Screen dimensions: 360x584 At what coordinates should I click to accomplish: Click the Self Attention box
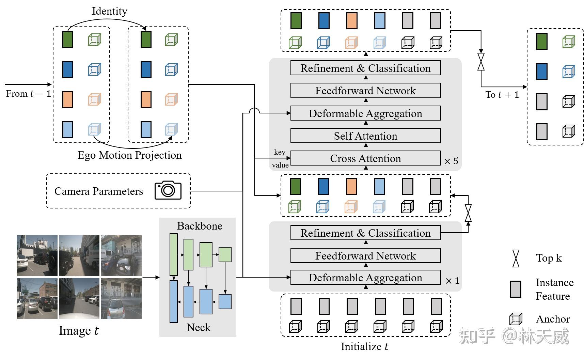(365, 136)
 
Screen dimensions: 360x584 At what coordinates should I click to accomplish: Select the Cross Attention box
(365, 158)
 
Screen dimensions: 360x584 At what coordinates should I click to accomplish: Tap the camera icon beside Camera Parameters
(168, 190)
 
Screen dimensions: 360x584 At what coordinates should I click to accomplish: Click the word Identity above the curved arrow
(110, 11)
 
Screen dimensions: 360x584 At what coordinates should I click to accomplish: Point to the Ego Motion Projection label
(129, 155)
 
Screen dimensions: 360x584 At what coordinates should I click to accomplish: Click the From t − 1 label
(28, 94)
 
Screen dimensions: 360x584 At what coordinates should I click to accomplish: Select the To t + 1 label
(502, 95)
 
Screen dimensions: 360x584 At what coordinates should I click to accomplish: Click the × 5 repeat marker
(451, 161)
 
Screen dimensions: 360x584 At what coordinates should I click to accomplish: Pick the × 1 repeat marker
(453, 281)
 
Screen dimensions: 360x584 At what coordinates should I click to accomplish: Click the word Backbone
(200, 226)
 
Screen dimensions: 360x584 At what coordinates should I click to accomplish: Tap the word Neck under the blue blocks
(199, 328)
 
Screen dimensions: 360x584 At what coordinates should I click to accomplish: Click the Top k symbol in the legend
(516, 258)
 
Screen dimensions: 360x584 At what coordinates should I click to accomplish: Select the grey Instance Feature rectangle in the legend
(516, 289)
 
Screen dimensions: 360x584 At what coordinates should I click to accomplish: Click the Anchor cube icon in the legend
(516, 319)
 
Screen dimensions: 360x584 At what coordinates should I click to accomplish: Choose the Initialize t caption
(364, 347)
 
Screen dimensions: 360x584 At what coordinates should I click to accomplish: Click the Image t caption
(79, 331)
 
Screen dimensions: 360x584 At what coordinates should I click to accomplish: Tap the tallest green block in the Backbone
(174, 254)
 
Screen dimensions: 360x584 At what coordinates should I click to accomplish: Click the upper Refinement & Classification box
(365, 68)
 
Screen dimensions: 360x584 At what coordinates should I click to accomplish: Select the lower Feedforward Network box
(365, 256)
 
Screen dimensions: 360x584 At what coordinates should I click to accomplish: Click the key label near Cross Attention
(280, 152)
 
